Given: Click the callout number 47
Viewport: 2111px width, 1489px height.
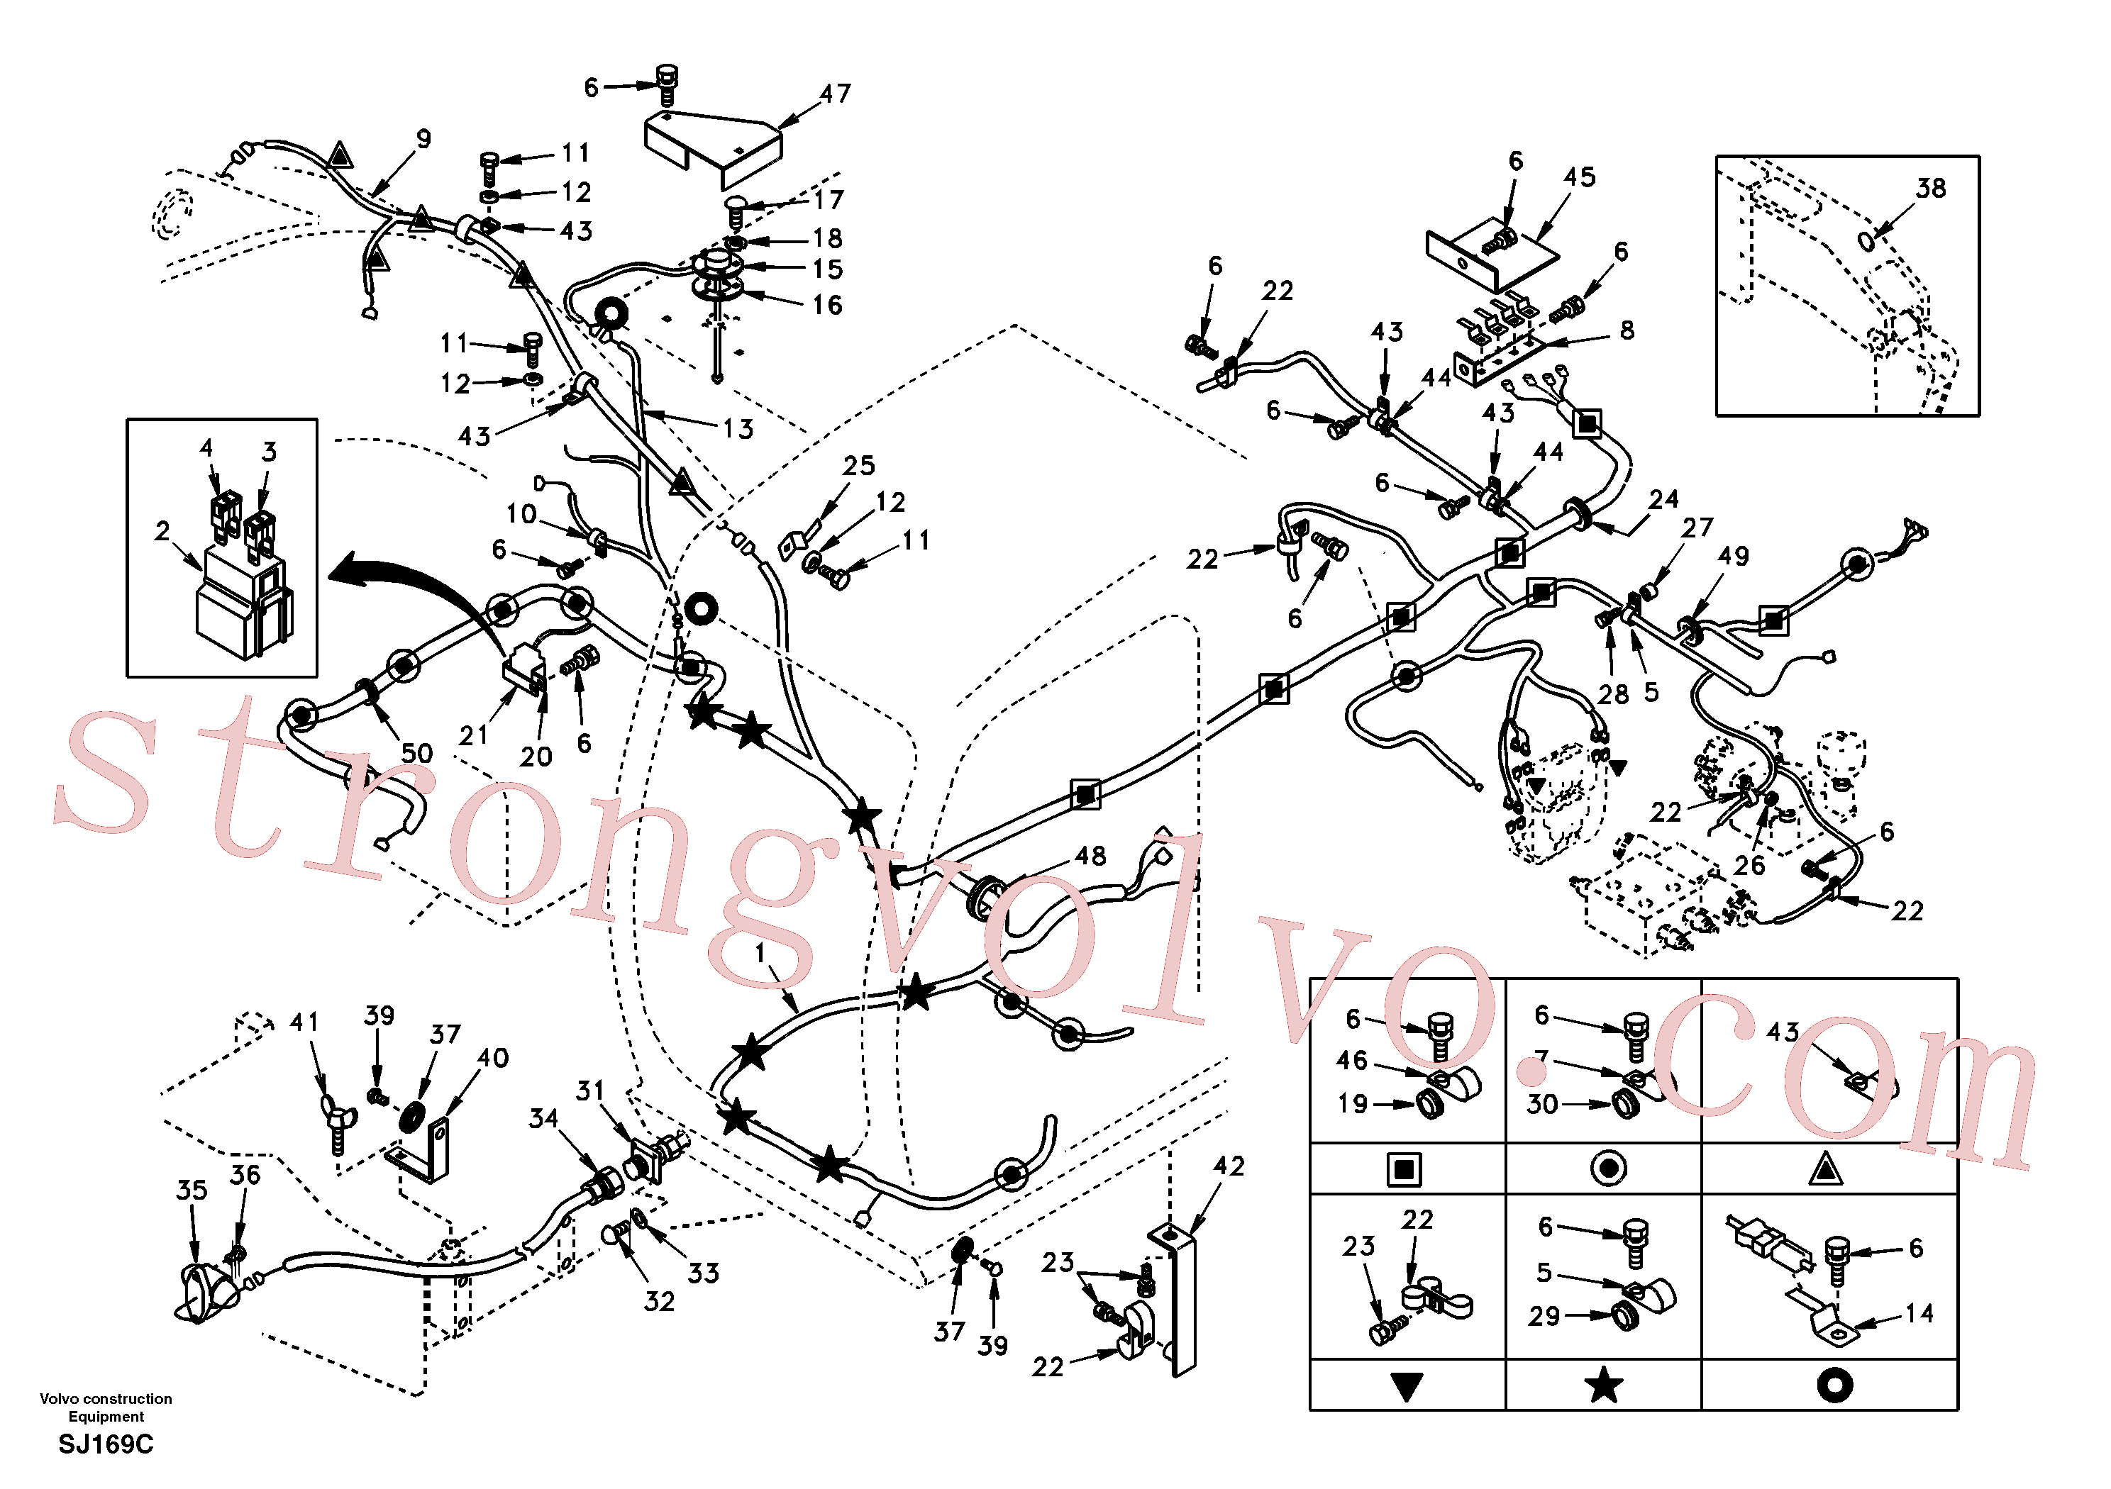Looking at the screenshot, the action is coord(835,94).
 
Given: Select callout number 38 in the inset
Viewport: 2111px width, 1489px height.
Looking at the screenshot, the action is coord(1931,189).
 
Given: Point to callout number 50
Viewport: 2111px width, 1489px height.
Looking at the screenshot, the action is coord(416,754).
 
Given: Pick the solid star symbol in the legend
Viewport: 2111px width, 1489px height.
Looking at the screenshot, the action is coord(1604,1384).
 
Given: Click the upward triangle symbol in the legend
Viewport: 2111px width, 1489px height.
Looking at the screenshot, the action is coord(1825,1169).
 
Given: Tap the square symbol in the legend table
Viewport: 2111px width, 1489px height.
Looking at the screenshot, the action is coord(1404,1170).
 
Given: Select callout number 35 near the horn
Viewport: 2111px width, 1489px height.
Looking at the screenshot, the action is coord(192,1190).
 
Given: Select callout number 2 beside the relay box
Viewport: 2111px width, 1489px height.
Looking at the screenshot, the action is coord(162,531).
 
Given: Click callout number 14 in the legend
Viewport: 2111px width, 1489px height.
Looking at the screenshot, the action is coord(1918,1313).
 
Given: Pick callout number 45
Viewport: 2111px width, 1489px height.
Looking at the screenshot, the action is coord(1580,177).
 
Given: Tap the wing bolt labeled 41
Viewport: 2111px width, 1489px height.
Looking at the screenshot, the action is coord(334,1121).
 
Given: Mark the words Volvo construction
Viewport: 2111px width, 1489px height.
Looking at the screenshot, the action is coord(106,1399).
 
